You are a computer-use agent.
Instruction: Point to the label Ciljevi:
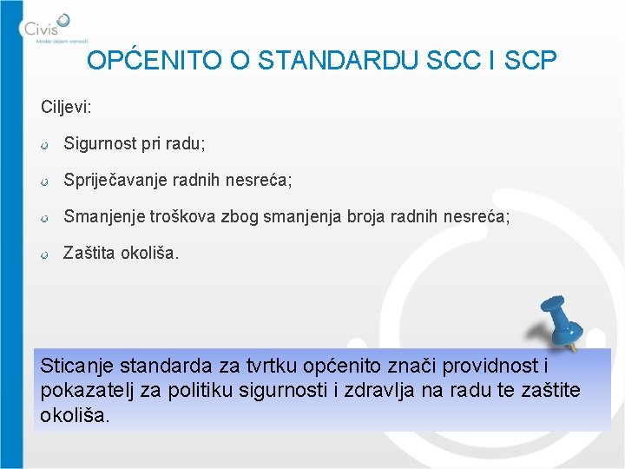pyautogui.click(x=66, y=108)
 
